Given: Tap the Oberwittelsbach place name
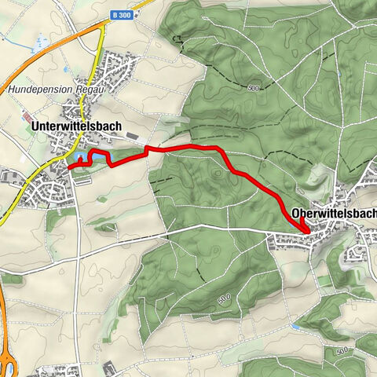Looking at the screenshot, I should [x=333, y=213].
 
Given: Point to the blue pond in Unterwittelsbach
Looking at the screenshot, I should [x=79, y=162].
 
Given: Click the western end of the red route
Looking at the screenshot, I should [x=70, y=167].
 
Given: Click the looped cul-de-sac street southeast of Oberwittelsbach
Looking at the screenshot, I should [x=356, y=253].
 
